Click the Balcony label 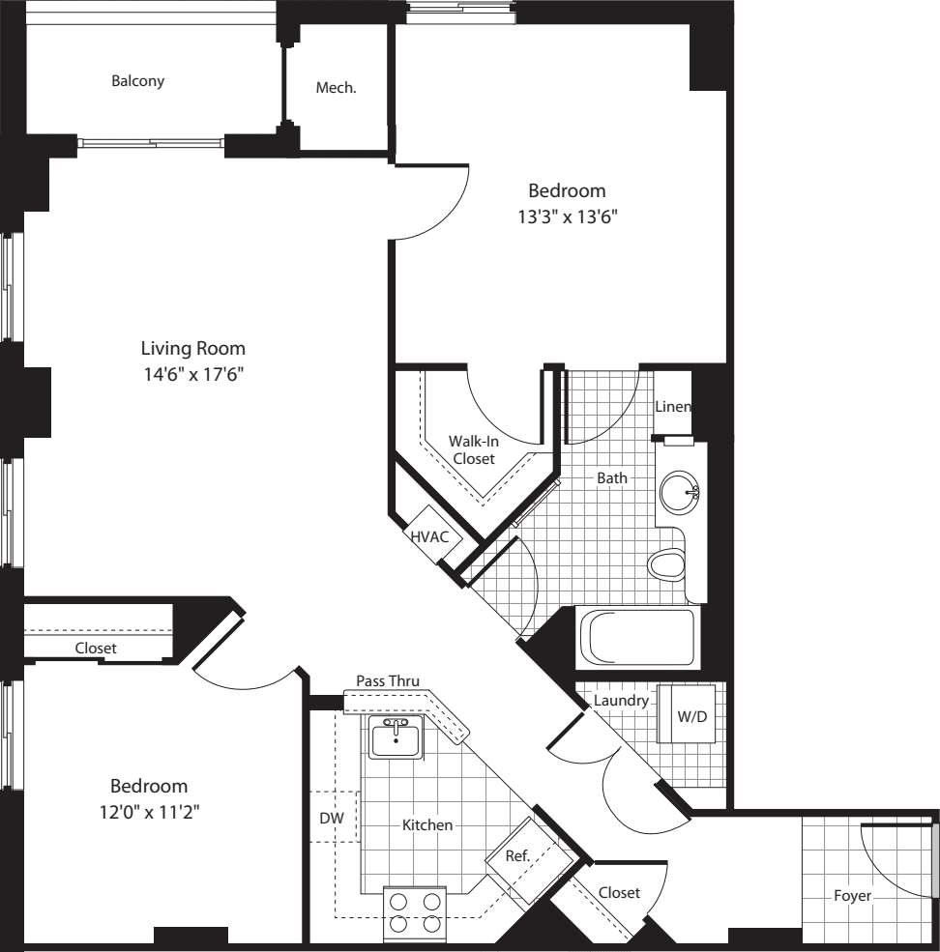point(137,81)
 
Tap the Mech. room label point(337,88)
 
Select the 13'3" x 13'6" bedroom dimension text point(567,217)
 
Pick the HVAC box point(429,537)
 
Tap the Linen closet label point(673,407)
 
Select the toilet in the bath point(666,565)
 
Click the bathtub point(635,638)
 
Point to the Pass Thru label point(388,680)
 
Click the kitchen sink point(395,739)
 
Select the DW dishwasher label point(332,818)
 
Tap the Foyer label point(852,896)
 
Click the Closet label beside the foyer point(619,893)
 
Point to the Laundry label point(621,700)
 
